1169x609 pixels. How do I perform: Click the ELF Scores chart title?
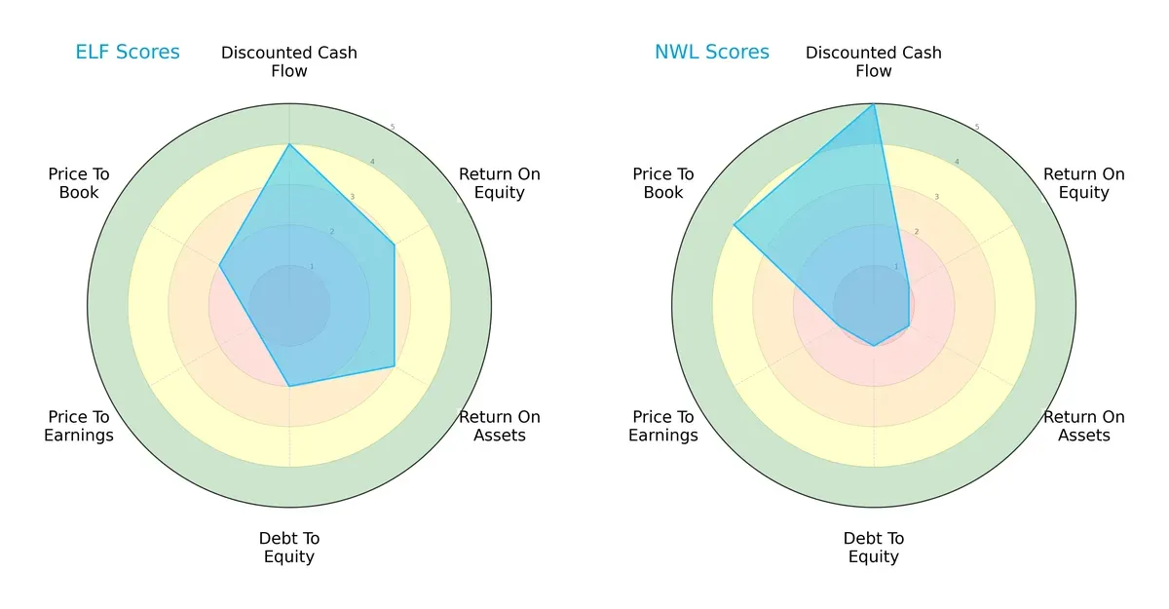[x=128, y=53]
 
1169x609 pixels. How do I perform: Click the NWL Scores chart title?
[x=711, y=53]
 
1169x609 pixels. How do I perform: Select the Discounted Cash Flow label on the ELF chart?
[x=289, y=61]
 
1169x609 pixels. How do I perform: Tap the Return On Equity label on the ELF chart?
[x=500, y=183]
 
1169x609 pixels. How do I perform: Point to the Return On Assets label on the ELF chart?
[x=500, y=426]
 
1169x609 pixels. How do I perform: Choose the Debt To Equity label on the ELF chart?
[x=289, y=548]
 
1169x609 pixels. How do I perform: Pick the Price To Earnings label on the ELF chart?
[x=79, y=426]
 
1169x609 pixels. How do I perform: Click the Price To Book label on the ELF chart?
[x=79, y=183]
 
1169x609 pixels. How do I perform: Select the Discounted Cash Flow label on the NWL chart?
[x=874, y=61]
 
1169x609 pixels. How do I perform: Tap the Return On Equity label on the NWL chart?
[x=1083, y=183]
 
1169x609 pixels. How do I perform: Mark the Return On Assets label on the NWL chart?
[x=1083, y=426]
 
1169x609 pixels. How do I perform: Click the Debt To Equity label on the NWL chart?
[x=874, y=548]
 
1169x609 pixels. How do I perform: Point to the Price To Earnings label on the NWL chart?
[x=663, y=426]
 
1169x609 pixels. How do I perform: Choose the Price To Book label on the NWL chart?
[x=663, y=183]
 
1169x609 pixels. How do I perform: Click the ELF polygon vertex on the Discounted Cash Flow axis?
[x=289, y=144]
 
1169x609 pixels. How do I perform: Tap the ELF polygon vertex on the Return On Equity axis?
[x=394, y=245]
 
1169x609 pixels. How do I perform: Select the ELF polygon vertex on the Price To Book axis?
[x=219, y=265]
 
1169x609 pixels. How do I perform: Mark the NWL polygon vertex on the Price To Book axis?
[x=734, y=225]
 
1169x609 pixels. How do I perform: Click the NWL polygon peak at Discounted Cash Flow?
[x=874, y=104]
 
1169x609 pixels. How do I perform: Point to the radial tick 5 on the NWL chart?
[x=977, y=127]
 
